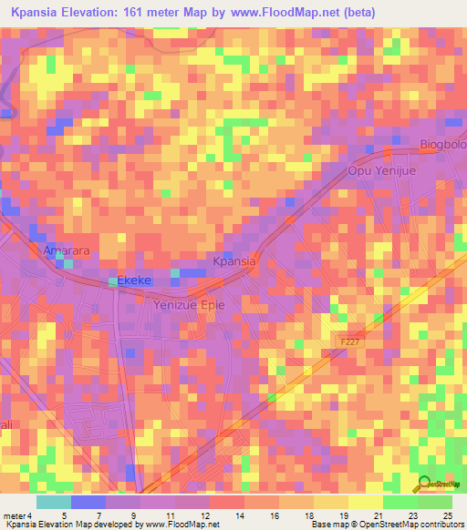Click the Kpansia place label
[234, 261]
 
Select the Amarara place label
[65, 249]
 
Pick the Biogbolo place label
[442, 145]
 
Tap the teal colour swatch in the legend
[54, 502]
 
